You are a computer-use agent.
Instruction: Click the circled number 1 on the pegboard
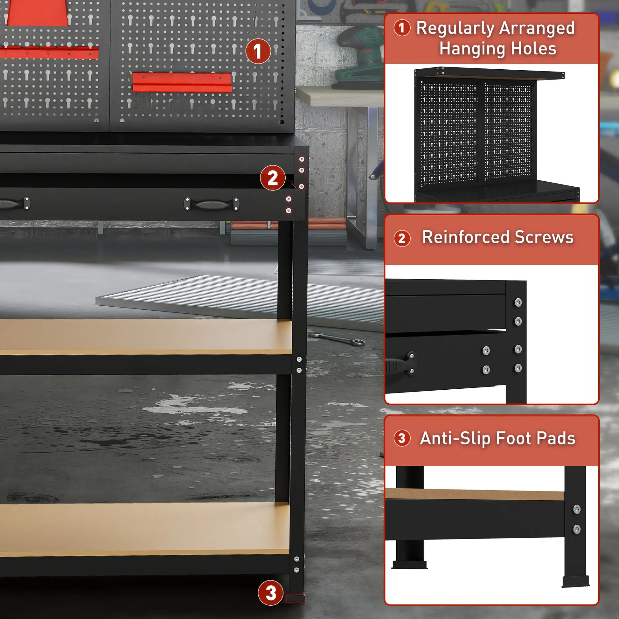tap(258, 51)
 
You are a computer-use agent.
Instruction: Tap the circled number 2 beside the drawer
tap(272, 178)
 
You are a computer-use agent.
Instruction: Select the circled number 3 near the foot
tap(270, 592)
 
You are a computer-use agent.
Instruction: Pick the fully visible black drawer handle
tap(212, 204)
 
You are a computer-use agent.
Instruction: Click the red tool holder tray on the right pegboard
tap(182, 82)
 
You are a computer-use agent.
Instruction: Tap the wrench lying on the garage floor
tap(340, 339)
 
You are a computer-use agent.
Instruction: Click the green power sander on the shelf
tap(359, 58)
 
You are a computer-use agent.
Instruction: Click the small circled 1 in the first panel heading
tap(402, 28)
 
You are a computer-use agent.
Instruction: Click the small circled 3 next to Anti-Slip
tap(402, 438)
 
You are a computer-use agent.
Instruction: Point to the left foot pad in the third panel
tap(409, 565)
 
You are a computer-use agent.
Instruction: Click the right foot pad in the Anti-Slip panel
tap(575, 581)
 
